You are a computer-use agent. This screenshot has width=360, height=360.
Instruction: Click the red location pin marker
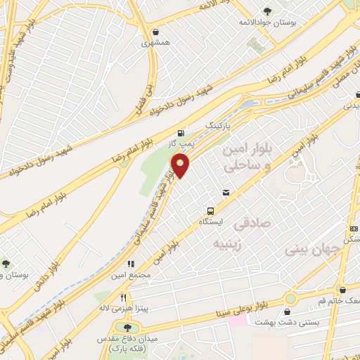click(x=181, y=167)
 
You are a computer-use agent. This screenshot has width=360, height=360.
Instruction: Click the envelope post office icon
click(x=226, y=192)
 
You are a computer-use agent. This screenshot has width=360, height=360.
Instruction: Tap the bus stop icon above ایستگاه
click(x=210, y=210)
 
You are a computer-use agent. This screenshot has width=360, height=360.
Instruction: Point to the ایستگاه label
click(x=210, y=221)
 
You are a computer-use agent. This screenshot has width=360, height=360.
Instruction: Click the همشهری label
click(x=155, y=43)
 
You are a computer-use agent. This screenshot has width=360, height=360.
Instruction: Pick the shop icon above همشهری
click(x=155, y=32)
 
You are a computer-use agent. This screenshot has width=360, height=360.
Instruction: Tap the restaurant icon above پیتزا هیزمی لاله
click(x=124, y=297)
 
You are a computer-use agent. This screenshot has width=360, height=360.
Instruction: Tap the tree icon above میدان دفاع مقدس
click(x=127, y=328)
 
